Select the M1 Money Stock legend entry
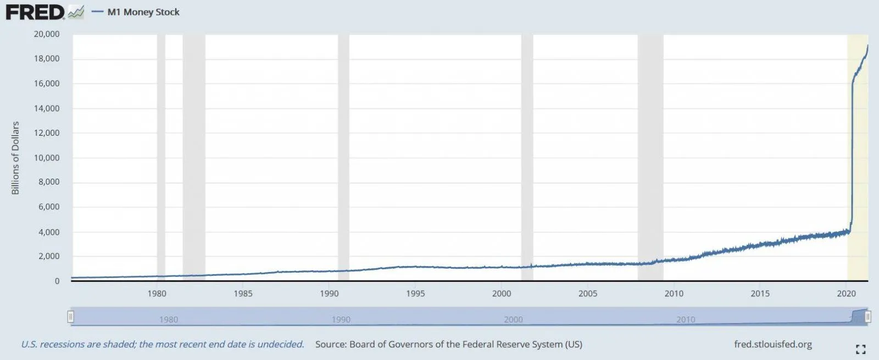tap(143, 12)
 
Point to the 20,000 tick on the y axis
tap(47, 34)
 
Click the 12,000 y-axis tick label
tap(47, 133)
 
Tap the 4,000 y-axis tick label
tap(49, 232)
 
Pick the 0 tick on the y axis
tap(57, 281)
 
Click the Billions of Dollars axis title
tap(15, 158)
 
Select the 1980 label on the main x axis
tap(157, 293)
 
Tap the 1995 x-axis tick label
tap(415, 293)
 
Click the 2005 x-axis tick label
tap(588, 293)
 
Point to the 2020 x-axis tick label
tap(846, 293)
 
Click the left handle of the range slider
tap(70, 317)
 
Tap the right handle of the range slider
tap(867, 317)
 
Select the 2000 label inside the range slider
tap(514, 319)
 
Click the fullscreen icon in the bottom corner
tap(860, 349)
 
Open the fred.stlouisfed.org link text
tap(773, 345)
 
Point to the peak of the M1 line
tap(867, 46)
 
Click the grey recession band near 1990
tap(343, 154)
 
